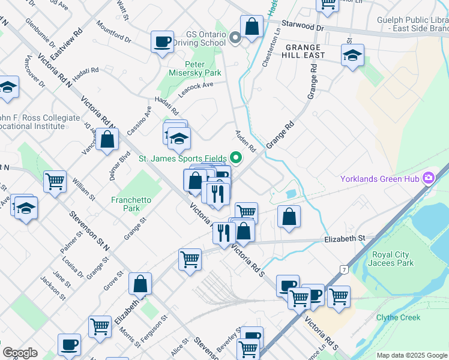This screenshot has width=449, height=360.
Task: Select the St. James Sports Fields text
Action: [x=182, y=159]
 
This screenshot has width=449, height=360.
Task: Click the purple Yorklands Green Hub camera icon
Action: [x=429, y=178]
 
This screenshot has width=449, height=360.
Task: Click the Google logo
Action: [x=20, y=353]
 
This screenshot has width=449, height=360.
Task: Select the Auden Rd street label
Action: [x=246, y=140]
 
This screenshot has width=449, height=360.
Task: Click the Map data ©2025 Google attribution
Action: [x=412, y=355]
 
